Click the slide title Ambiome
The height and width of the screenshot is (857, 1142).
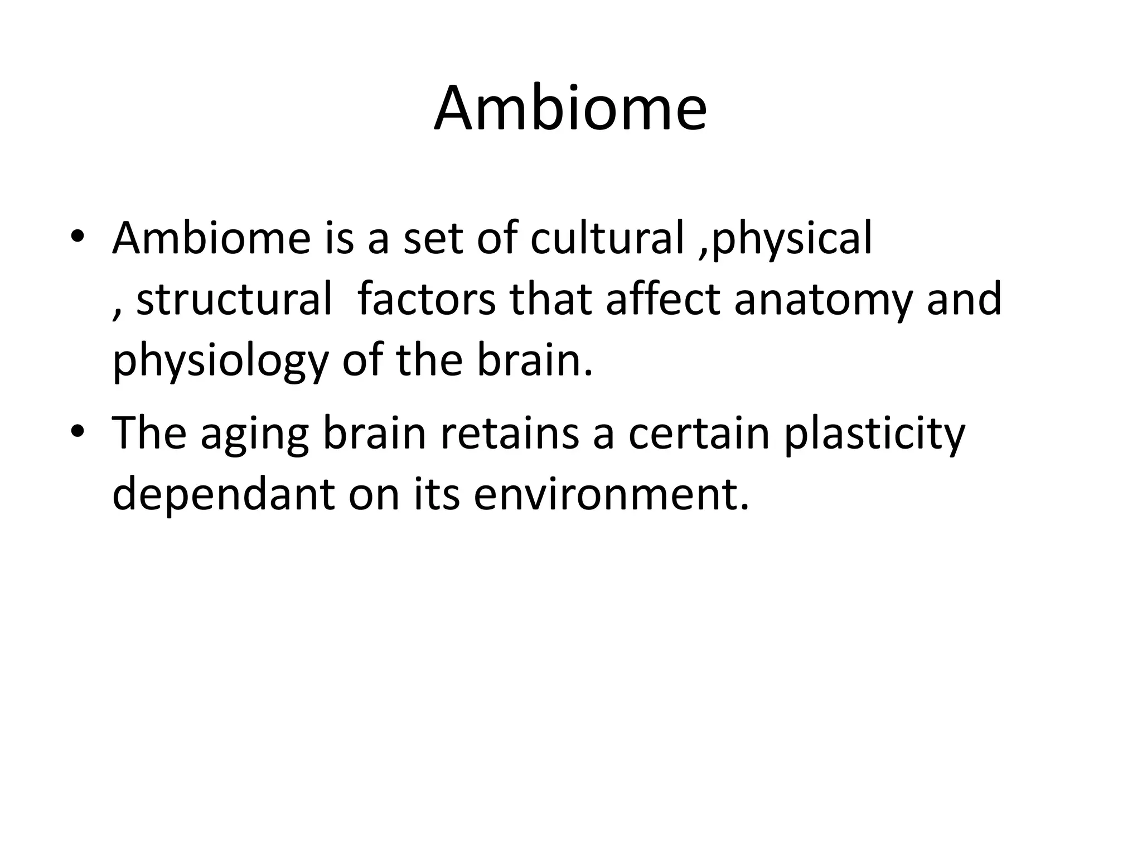[570, 108]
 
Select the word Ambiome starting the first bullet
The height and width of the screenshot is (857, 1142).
[211, 238]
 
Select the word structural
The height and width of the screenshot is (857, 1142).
[234, 300]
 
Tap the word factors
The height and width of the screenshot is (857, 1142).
[427, 300]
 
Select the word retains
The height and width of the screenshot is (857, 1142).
[510, 434]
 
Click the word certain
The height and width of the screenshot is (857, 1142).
[699, 434]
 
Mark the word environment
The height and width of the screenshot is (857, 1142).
[611, 495]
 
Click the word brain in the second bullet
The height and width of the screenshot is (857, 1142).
[374, 434]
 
